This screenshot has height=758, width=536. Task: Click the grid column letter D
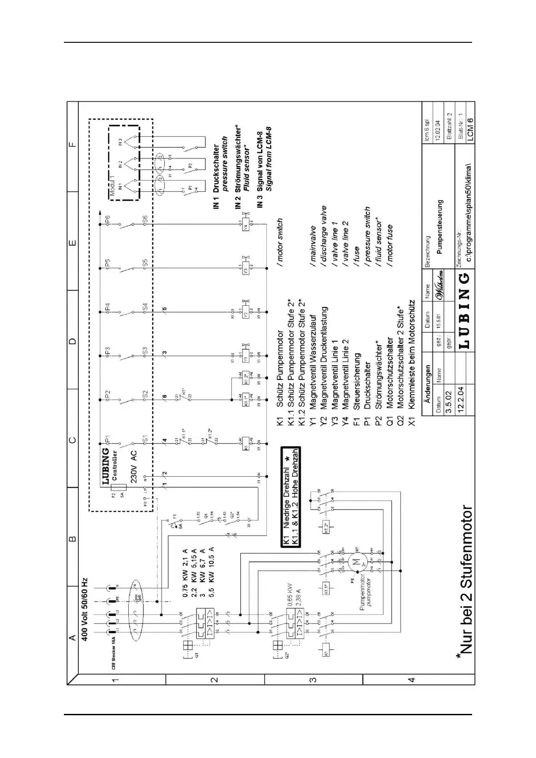[72, 341]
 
